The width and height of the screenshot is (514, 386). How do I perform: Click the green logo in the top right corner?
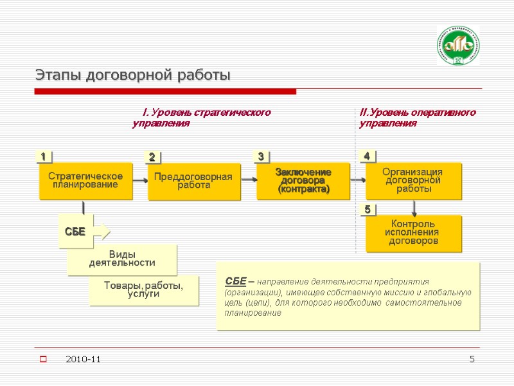pos(459,46)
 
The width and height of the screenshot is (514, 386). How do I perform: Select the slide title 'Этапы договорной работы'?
pos(132,75)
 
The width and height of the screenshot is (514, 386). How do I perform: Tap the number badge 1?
pos(43,156)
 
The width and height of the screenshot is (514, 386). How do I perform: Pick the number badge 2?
pos(152,157)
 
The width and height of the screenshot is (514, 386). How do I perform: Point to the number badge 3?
pos(261,156)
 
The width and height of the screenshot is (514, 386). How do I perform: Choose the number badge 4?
pos(367,156)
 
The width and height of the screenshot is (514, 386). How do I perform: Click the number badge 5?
pos(368,210)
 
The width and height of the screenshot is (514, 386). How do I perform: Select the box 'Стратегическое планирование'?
pos(85,180)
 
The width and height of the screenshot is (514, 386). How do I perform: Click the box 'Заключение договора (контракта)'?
pos(303,181)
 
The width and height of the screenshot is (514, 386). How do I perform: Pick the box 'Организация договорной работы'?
pos(413,180)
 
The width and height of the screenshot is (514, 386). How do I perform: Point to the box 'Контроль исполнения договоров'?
pos(414,232)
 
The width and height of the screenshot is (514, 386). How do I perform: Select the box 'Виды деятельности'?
pos(122,259)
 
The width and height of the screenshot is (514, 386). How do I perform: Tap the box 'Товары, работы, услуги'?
pos(144,289)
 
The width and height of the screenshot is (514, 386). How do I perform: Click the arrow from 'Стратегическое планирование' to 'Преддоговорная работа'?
pos(140,181)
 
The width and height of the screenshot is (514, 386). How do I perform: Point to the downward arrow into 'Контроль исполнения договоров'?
pos(414,207)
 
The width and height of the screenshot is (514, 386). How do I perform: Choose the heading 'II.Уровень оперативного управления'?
pos(418,118)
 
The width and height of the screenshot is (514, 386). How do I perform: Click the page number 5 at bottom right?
pos(472,358)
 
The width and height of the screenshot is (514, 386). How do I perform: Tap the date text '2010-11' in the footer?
pos(84,358)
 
